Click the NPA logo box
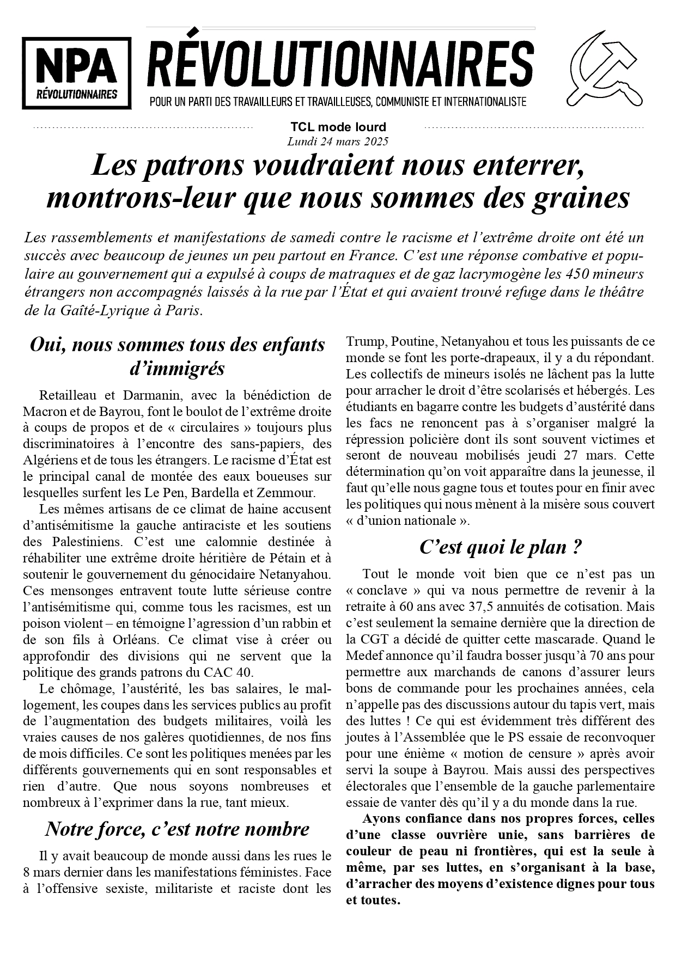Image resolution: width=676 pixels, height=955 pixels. [x=77, y=73]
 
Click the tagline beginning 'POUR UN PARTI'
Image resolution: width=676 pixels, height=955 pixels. [x=338, y=102]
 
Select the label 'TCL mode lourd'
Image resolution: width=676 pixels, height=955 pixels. [x=338, y=127]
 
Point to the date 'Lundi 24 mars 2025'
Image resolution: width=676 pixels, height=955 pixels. [x=338, y=142]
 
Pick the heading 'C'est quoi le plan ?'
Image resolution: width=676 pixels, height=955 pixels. [x=500, y=547]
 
